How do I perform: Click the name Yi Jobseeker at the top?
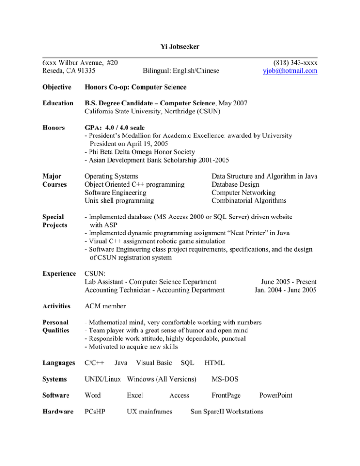[180, 47]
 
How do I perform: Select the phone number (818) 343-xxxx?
[292, 62]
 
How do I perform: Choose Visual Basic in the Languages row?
[152, 362]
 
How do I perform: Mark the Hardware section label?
[58, 412]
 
